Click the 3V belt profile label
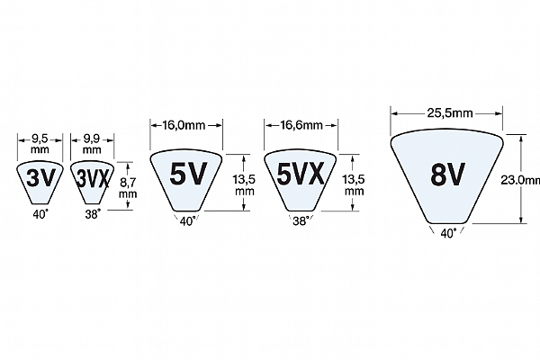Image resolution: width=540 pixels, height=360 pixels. (40, 178)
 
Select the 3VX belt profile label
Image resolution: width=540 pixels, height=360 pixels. (93, 178)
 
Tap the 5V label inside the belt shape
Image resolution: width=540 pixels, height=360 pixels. (188, 174)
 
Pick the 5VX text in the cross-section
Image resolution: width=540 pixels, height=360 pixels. (301, 174)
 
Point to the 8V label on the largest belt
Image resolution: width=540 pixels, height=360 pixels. (447, 174)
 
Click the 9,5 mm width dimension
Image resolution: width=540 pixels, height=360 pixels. (40, 144)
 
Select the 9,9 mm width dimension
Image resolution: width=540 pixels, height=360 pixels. (92, 144)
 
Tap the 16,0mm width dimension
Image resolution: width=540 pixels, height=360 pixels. (184, 125)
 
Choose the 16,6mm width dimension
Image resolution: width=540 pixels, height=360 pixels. (301, 125)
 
